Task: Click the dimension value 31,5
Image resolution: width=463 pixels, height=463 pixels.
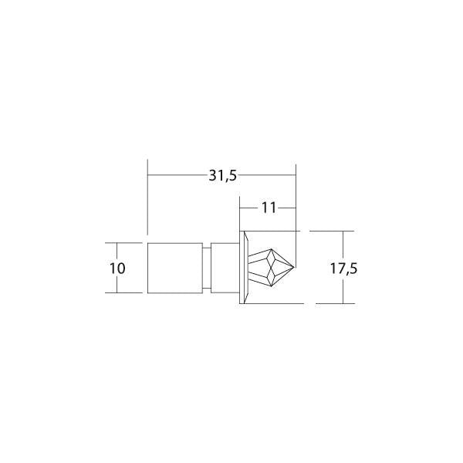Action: [x=221, y=175]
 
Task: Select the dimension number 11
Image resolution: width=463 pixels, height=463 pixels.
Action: [x=268, y=207]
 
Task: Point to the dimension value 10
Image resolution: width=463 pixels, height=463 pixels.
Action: [x=118, y=269]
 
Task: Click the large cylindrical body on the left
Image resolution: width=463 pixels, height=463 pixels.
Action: [x=175, y=267]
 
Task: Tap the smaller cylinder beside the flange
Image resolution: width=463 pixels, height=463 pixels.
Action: [x=225, y=267]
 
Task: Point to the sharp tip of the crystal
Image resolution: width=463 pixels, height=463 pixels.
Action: [x=296, y=267]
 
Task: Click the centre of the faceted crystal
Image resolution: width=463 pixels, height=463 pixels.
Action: [x=272, y=267]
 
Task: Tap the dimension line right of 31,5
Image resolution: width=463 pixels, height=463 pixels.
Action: [x=267, y=176]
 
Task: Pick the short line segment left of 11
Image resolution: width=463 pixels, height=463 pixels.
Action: [x=248, y=207]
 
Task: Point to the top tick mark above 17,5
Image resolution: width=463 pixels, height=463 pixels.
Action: [x=332, y=231]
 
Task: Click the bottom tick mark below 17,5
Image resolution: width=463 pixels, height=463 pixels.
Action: [x=332, y=303]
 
